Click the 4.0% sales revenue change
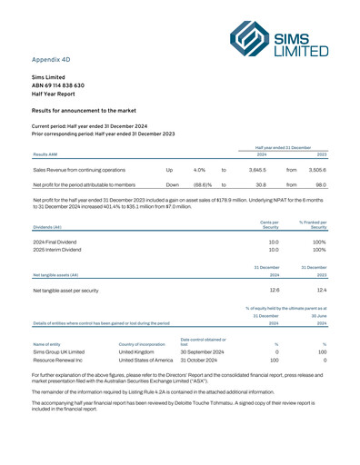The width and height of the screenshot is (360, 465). (x=199, y=169)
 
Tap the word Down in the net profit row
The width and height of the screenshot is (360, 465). (x=159, y=185)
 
